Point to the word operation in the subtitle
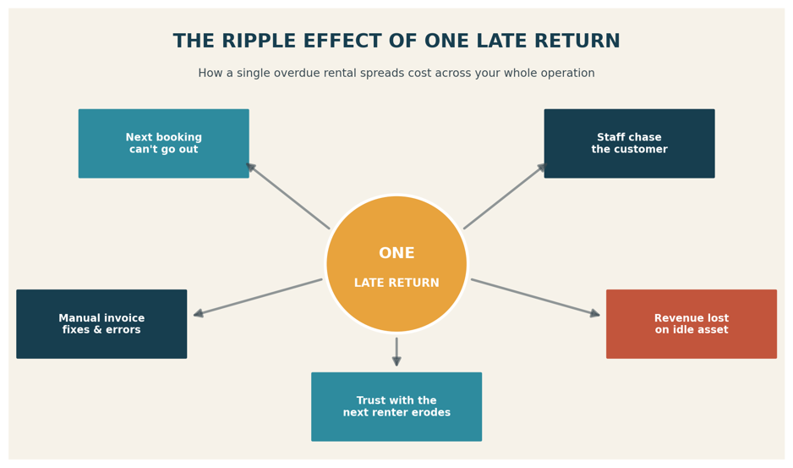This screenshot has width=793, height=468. (567, 74)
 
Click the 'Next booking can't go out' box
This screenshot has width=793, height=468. (164, 143)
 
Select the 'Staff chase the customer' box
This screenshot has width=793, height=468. (629, 143)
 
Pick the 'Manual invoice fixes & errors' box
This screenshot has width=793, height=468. (101, 324)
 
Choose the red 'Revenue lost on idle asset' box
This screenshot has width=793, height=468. (692, 324)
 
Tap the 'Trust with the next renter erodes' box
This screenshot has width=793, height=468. (396, 407)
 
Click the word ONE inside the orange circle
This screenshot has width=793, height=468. (396, 253)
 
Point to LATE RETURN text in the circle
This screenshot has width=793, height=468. (396, 283)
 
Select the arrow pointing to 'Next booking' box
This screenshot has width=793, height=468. (287, 195)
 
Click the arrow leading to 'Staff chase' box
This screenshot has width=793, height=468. (506, 195)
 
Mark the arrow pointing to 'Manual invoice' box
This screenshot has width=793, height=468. (258, 297)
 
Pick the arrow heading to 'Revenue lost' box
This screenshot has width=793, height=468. (536, 297)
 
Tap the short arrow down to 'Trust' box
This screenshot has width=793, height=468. (396, 351)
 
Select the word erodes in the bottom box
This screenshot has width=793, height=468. (431, 412)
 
